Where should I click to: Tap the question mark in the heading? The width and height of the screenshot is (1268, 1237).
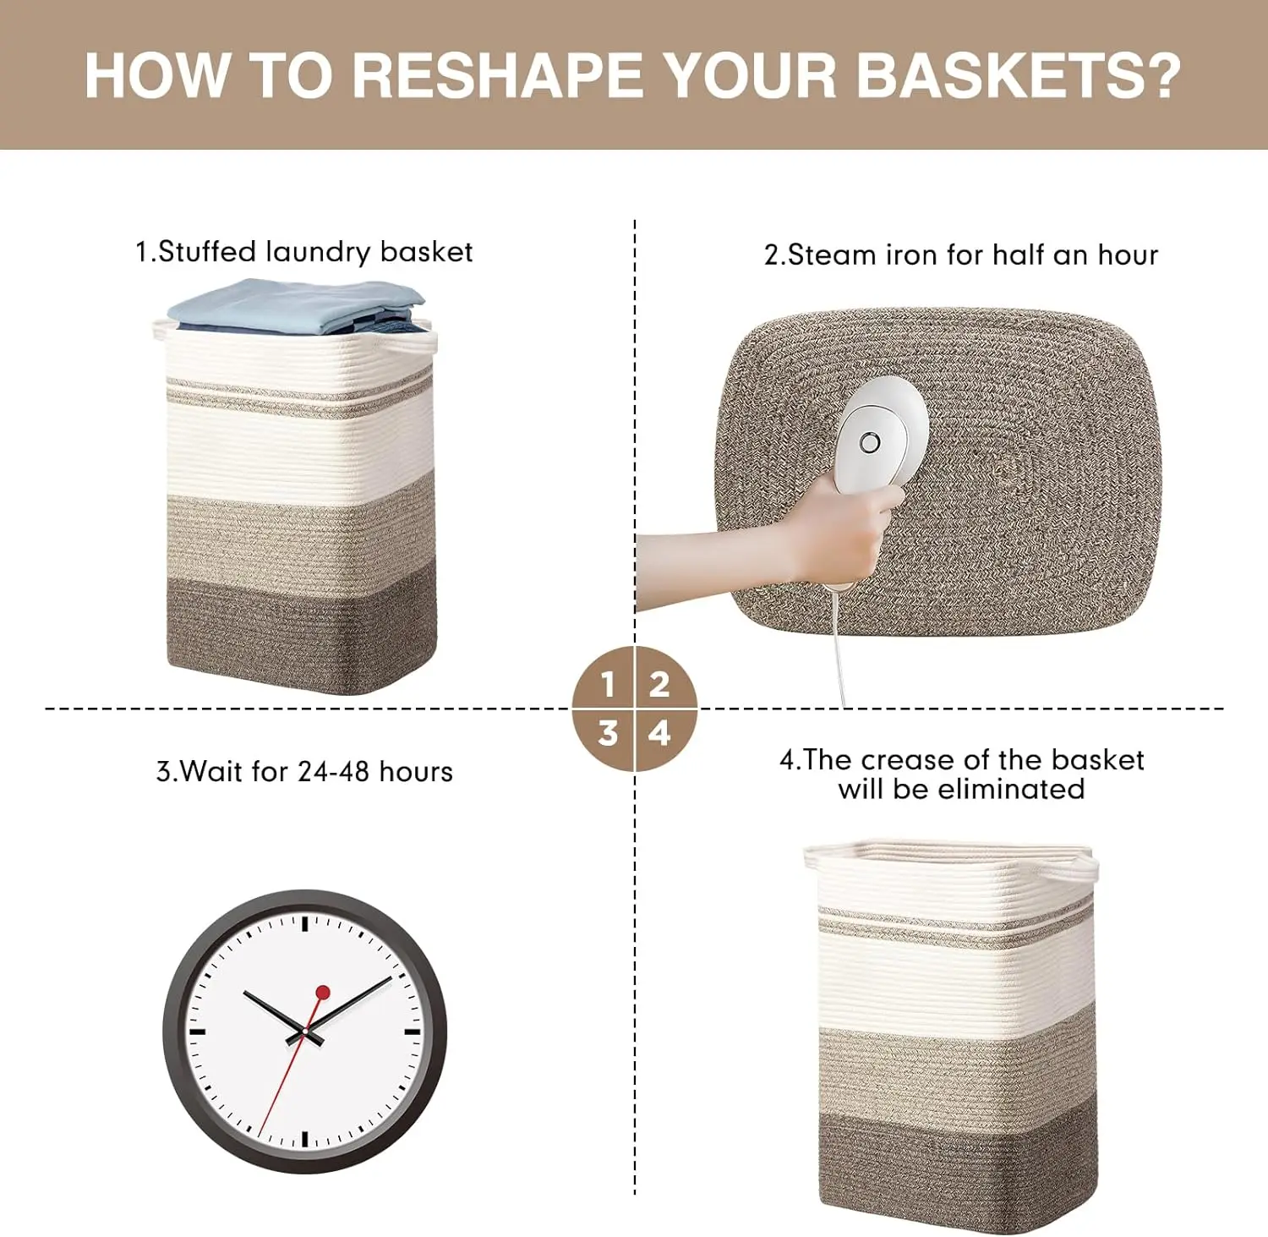click(1161, 76)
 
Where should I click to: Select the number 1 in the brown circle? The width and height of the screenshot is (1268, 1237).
click(607, 683)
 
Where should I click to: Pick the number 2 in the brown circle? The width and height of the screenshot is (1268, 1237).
click(659, 683)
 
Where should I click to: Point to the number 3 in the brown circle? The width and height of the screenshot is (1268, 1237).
click(607, 733)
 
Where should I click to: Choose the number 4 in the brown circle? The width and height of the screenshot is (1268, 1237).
click(659, 733)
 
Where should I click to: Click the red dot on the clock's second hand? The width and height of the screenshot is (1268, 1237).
click(323, 992)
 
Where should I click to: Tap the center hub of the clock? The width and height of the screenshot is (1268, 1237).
click(304, 1032)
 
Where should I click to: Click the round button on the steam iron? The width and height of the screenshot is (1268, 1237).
click(870, 442)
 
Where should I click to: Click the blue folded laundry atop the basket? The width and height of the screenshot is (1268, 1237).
click(296, 304)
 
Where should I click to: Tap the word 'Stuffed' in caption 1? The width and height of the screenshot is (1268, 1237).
click(207, 252)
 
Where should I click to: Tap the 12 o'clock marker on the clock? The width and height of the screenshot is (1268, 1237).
click(304, 922)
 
